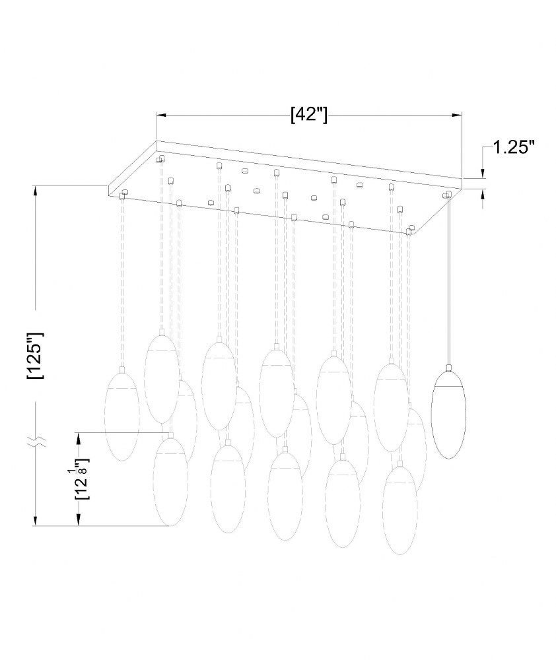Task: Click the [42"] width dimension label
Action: pyautogui.click(x=309, y=114)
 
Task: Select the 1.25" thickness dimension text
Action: pyautogui.click(x=514, y=147)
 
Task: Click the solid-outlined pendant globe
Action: pyautogui.click(x=448, y=414)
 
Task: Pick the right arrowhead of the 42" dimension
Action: pyautogui.click(x=457, y=114)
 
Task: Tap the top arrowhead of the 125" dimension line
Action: pyautogui.click(x=36, y=191)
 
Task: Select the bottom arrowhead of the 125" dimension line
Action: pyautogui.click(x=36, y=521)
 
